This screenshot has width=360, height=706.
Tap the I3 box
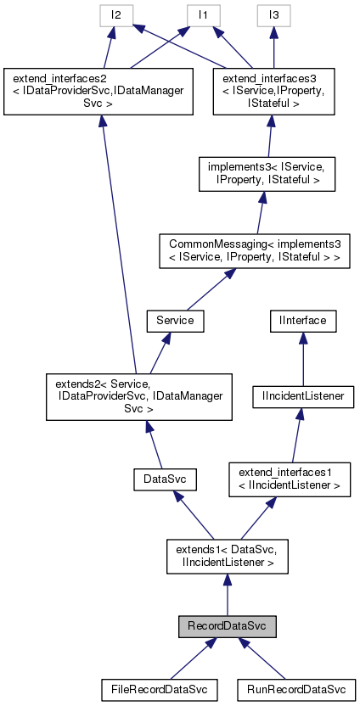tap(274, 14)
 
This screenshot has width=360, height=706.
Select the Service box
tap(171, 321)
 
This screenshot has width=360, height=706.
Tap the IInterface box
tap(303, 321)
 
